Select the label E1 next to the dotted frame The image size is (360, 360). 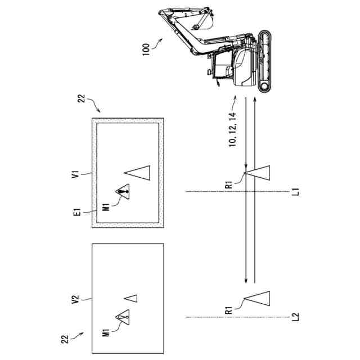[78, 213]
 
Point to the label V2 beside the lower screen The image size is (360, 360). [78, 299]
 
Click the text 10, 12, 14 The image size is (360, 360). [232, 129]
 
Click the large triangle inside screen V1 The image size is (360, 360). [138, 173]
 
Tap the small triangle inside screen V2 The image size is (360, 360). [131, 298]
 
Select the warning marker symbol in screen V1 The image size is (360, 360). [123, 192]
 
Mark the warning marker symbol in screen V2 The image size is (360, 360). [123, 318]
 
